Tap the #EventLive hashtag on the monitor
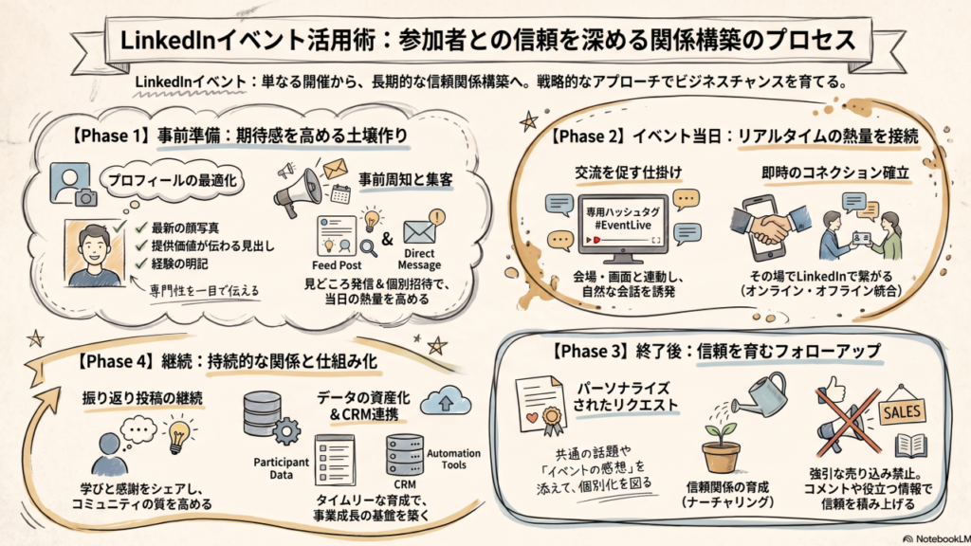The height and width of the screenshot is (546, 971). coord(622,226)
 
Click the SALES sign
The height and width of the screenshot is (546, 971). coord(902,411)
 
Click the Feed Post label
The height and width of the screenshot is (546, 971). coord(337,265)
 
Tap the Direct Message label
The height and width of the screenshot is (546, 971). coord(419,259)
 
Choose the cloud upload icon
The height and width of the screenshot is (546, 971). coord(446,401)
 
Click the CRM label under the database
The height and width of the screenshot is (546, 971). coord(404,484)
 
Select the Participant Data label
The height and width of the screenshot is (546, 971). coord(281,468)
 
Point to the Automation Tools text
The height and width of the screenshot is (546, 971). coord(453,459)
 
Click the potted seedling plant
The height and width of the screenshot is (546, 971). coord(721,448)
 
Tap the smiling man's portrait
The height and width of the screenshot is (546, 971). coord(94,252)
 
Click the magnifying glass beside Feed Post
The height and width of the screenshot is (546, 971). coord(369,248)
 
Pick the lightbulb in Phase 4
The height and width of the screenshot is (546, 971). coord(178,433)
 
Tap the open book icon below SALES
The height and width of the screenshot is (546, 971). coord(910,446)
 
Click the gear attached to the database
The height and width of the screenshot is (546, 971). coord(286,431)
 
